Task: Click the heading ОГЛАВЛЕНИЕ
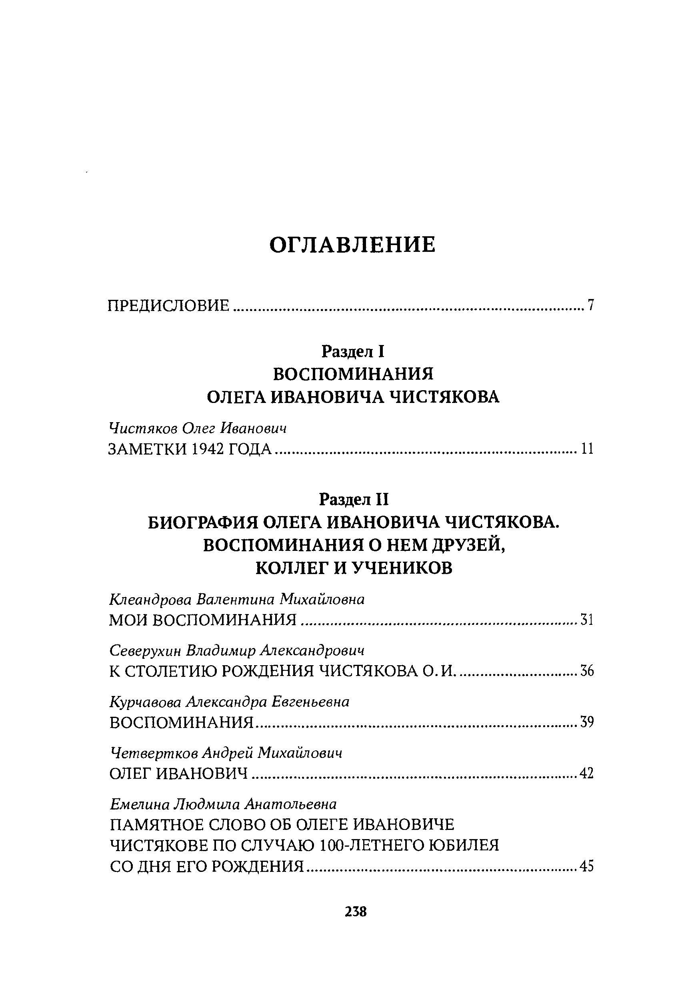pyautogui.click(x=352, y=245)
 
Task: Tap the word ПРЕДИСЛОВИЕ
pyautogui.click(x=168, y=306)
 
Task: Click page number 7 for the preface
pyautogui.click(x=590, y=306)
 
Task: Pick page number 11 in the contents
pyautogui.click(x=587, y=450)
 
